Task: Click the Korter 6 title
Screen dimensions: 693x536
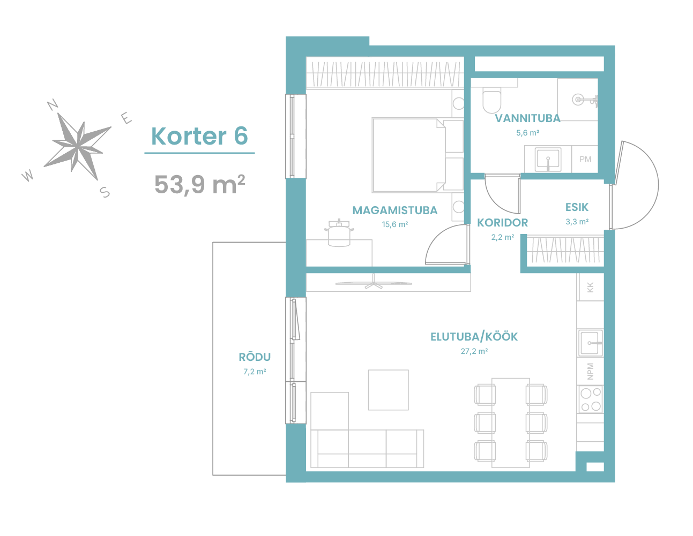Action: coord(199,136)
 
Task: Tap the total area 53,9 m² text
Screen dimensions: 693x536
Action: coord(199,184)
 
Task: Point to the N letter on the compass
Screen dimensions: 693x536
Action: coord(53,104)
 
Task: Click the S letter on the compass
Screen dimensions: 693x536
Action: coord(105,192)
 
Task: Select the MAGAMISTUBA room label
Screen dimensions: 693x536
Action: coord(395,210)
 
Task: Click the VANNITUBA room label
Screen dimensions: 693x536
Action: coord(527,118)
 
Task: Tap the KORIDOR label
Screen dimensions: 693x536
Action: coord(502,223)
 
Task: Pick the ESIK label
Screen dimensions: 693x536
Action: coord(577,207)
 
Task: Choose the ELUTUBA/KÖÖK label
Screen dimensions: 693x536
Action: coord(474,337)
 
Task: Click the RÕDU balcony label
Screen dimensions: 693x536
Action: coord(255,357)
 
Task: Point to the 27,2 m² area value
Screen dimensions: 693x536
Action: coord(474,351)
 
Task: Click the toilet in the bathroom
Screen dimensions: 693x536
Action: coord(492,100)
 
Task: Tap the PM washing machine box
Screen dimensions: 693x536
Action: coord(585,159)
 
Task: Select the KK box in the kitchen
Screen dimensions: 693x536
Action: coord(590,287)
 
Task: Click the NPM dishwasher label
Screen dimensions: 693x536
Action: coord(590,372)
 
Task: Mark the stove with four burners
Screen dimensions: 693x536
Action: coord(590,399)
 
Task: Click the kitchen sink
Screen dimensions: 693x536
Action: coord(591,343)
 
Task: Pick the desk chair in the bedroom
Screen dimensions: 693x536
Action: coord(339,233)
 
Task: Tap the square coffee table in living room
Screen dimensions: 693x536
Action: coord(388,390)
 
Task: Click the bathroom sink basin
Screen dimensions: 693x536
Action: coord(548,159)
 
